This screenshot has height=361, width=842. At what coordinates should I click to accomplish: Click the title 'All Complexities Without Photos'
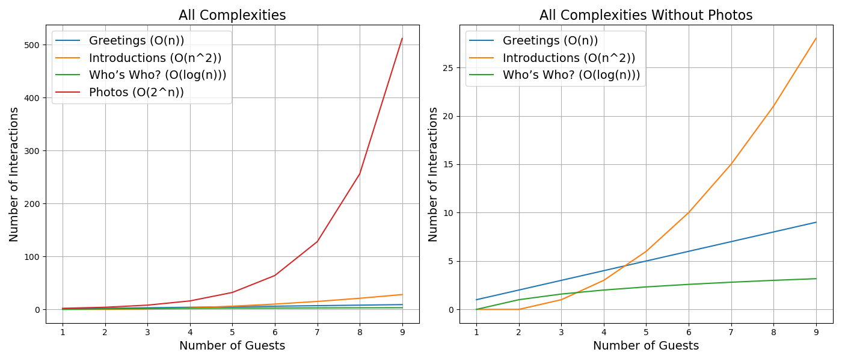pyautogui.click(x=646, y=15)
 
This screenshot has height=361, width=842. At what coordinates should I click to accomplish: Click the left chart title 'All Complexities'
pyautogui.click(x=232, y=15)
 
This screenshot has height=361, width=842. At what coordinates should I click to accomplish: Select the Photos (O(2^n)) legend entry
pyautogui.click(x=137, y=92)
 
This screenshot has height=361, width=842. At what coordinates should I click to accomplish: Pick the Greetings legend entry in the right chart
pyautogui.click(x=550, y=41)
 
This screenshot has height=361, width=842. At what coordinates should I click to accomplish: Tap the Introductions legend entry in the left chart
pyautogui.click(x=155, y=58)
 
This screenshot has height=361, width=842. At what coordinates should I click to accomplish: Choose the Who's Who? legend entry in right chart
pyautogui.click(x=571, y=75)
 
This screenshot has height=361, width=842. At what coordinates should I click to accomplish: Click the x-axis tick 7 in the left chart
pyautogui.click(x=317, y=332)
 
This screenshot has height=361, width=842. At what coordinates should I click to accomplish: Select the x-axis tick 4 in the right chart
pyautogui.click(x=604, y=332)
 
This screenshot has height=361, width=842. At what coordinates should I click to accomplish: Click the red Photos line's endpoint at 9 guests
pyautogui.click(x=402, y=39)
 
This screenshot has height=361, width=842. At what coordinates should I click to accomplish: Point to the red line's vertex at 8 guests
pyautogui.click(x=360, y=174)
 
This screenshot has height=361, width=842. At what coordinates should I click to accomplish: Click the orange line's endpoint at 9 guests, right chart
pyautogui.click(x=816, y=39)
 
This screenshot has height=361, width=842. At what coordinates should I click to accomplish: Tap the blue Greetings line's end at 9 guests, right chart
pyautogui.click(x=816, y=222)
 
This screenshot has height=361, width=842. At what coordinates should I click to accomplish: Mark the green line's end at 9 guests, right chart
pyautogui.click(x=816, y=279)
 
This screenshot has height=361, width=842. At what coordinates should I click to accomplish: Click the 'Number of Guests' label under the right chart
pyautogui.click(x=646, y=346)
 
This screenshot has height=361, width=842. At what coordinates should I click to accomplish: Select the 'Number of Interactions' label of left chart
pyautogui.click(x=14, y=174)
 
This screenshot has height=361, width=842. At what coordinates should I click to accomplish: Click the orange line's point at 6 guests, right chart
pyautogui.click(x=689, y=212)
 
